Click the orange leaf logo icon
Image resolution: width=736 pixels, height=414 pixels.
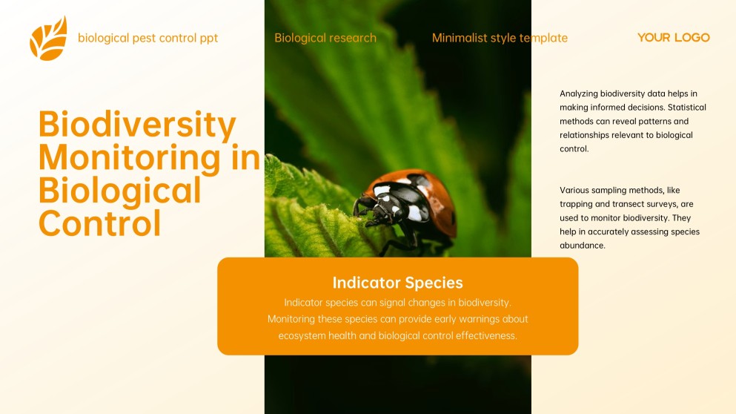coord(48,39)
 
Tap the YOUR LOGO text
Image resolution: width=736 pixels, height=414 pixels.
coord(673,38)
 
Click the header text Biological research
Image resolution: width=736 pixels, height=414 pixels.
coord(325,38)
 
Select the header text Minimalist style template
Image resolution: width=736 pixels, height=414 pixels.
coord(500,38)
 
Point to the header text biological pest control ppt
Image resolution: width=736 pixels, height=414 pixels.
coord(147,38)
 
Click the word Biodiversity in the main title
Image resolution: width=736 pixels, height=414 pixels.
coord(137,125)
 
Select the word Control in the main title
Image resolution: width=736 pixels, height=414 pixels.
coord(99,223)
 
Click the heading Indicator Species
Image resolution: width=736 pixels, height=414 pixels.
coord(397,283)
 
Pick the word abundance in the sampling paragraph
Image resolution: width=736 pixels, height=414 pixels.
coord(583,246)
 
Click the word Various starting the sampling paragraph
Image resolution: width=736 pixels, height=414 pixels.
coord(575,190)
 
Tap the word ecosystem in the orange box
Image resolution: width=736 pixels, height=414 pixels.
coord(304,336)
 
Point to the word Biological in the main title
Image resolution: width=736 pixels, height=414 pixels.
coord(119,190)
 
